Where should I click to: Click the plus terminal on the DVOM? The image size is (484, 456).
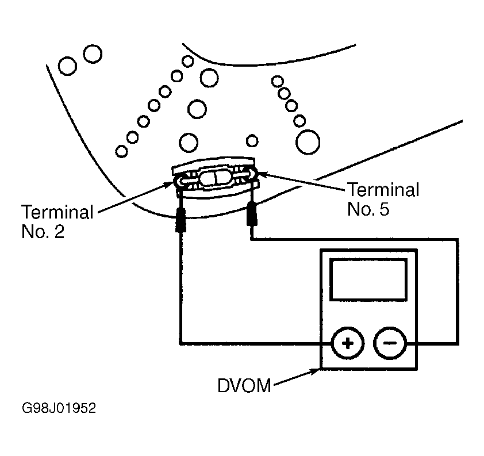point(348,343)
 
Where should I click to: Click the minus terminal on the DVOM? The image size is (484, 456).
point(390,343)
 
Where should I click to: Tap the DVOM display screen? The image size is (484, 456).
point(368,279)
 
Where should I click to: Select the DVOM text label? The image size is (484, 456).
point(244,386)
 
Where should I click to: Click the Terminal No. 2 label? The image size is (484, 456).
point(57,221)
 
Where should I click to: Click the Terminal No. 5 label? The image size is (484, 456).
point(383,199)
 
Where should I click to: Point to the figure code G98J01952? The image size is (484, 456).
point(59,408)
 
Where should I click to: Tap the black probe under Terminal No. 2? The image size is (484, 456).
point(180,220)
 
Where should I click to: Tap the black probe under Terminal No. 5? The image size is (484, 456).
point(252,214)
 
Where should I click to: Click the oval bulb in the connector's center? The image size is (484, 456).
point(214,178)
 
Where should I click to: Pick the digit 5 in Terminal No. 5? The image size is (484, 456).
point(385,209)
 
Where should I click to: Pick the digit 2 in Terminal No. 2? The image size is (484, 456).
point(60,232)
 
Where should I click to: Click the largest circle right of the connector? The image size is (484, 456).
point(308,142)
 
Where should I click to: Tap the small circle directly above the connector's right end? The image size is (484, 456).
point(252,141)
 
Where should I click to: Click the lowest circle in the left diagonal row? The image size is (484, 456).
point(121,152)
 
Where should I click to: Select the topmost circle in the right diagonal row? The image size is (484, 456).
point(278,82)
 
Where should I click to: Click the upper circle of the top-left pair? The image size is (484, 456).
point(93,54)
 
